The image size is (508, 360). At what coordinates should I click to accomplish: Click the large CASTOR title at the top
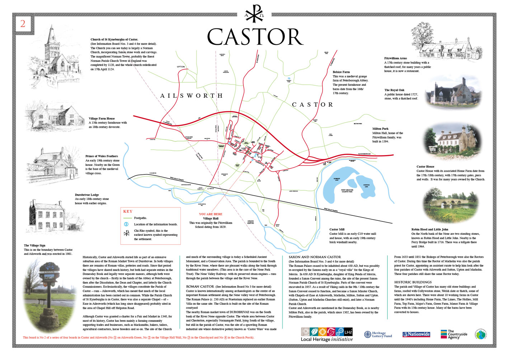255,37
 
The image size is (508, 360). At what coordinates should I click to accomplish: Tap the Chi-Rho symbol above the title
254,14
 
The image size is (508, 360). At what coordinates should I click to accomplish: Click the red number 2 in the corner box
23,24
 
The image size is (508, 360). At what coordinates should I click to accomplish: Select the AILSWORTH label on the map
191,96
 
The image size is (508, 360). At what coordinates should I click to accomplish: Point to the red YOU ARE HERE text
211,214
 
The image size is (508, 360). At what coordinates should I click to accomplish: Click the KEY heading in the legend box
128,211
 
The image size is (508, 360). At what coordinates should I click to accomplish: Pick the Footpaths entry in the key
140,218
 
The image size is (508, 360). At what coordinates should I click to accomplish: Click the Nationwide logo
416,335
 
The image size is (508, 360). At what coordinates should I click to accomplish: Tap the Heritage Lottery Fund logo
378,335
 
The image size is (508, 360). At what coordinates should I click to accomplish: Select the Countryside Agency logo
454,335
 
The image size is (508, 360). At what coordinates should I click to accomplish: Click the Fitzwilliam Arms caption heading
395,58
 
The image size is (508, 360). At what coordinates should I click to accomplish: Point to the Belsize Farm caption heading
341,72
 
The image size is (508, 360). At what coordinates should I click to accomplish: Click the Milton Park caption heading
380,128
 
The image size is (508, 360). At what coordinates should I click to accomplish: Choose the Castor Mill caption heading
337,229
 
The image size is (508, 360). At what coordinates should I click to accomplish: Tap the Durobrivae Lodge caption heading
87,195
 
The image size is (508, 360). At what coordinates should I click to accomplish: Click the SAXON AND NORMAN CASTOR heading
315,257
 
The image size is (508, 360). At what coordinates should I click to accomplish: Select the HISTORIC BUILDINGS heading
413,282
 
